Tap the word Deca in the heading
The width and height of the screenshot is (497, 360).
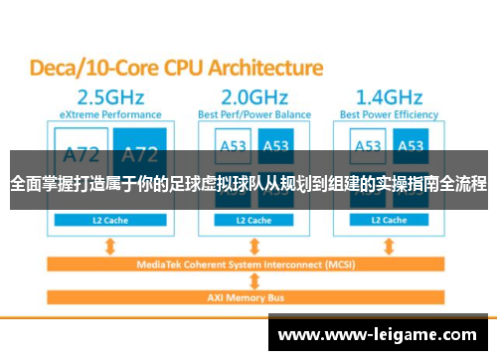[57, 68]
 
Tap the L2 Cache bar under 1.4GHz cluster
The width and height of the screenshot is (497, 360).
[395, 220]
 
